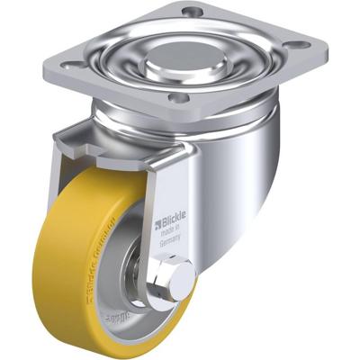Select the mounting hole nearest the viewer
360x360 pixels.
177,97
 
